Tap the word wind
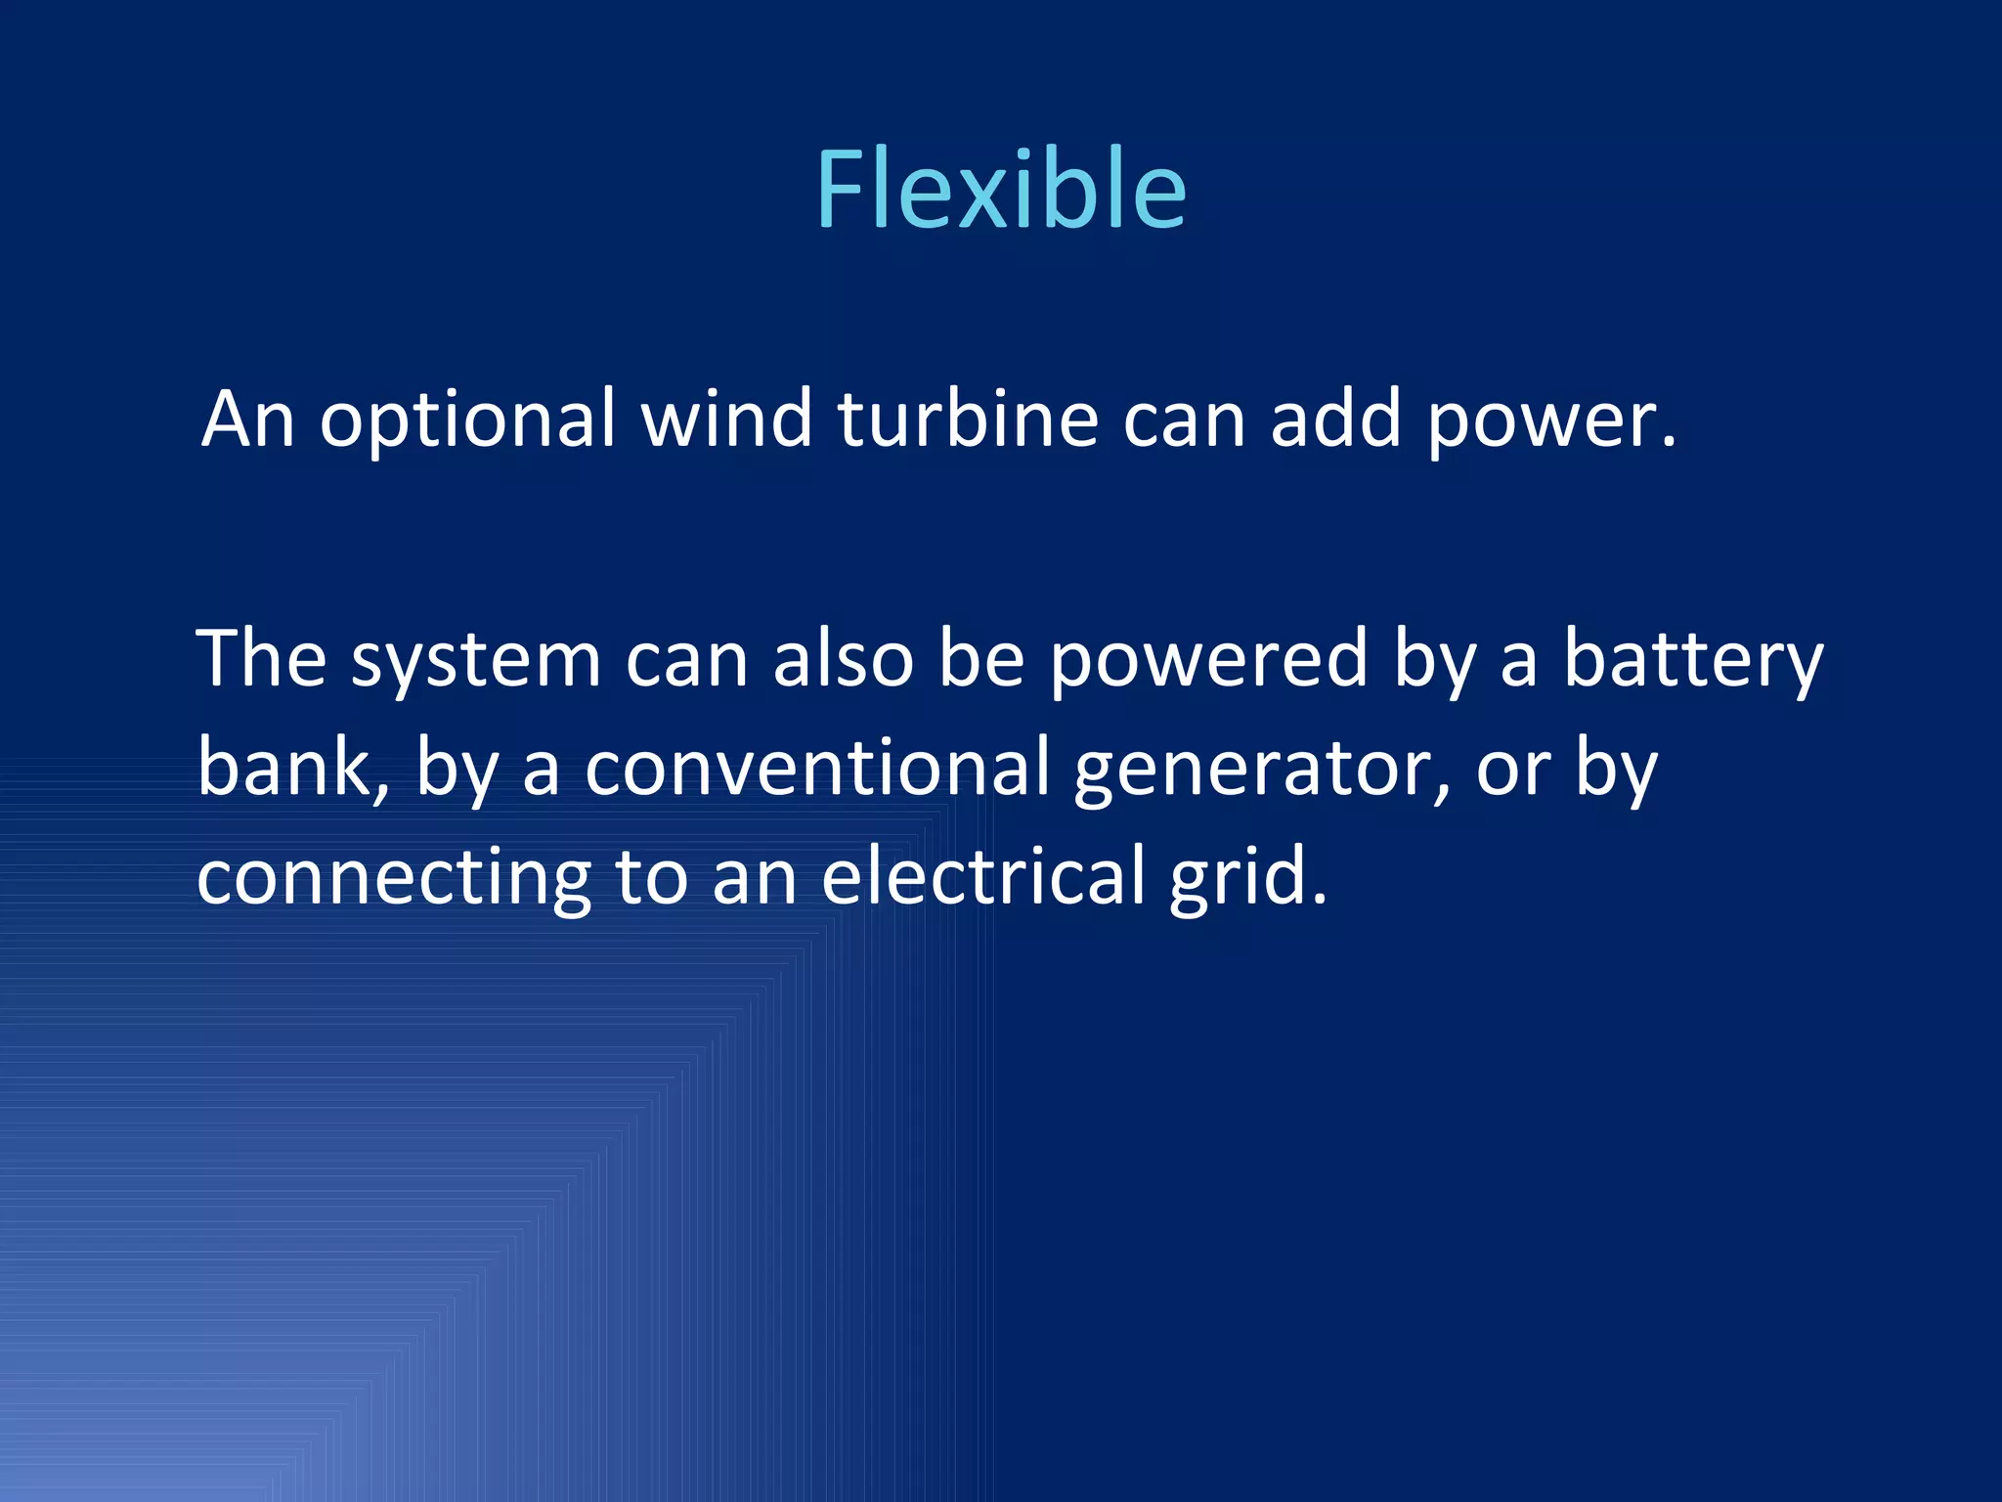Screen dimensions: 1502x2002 tap(726, 419)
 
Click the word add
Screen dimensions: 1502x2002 tap(1335, 419)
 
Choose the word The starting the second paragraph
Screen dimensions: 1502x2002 tap(261, 659)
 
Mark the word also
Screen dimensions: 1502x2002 tap(843, 659)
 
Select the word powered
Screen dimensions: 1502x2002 tap(1208, 661)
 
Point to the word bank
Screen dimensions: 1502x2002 tap(284, 768)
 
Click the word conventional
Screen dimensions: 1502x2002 tap(817, 768)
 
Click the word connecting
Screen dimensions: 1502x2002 tap(394, 878)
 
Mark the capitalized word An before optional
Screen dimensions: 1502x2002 tap(248, 419)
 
